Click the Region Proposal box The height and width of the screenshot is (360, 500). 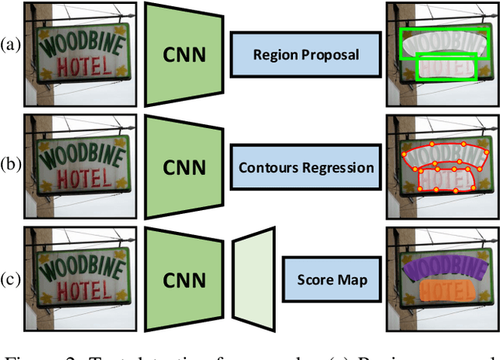click(305, 55)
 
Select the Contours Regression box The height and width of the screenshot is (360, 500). click(305, 167)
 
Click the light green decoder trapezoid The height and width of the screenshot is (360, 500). click(255, 280)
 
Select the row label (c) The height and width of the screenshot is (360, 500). click(12, 279)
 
